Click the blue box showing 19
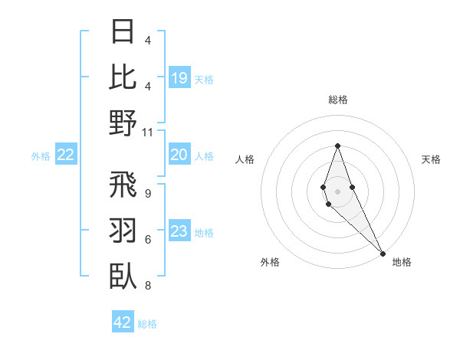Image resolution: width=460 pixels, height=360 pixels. pyautogui.click(x=179, y=78)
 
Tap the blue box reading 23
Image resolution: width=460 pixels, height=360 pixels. pyautogui.click(x=179, y=232)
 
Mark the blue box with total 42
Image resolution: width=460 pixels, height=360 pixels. pyautogui.click(x=123, y=322)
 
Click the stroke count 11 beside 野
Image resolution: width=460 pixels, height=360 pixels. pyautogui.click(x=148, y=133)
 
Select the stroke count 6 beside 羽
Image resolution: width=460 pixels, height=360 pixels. pyautogui.click(x=148, y=240)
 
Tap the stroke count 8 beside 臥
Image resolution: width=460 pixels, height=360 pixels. pyautogui.click(x=148, y=286)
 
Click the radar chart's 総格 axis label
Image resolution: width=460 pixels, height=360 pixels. pyautogui.click(x=338, y=100)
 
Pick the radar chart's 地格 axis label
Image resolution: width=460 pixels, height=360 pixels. pyautogui.click(x=402, y=263)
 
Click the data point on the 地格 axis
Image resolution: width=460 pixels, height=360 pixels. pyautogui.click(x=383, y=252)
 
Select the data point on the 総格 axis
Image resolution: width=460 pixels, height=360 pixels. pyautogui.click(x=337, y=146)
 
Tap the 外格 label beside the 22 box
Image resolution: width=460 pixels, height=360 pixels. pyautogui.click(x=41, y=156)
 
